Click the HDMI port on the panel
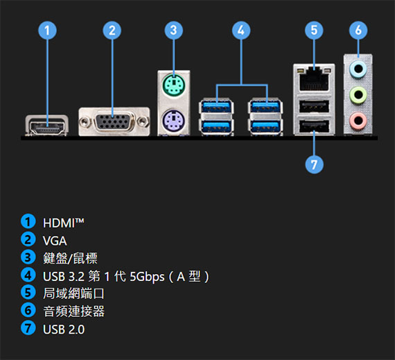tap(46, 126)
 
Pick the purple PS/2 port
tap(173, 120)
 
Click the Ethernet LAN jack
tap(314, 78)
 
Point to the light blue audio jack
tap(358, 69)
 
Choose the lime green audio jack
tap(358, 95)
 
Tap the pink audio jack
tap(358, 121)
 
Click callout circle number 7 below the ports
tap(314, 164)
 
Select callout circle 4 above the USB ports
tap(241, 31)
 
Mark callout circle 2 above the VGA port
tap(112, 31)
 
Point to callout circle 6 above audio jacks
tap(358, 31)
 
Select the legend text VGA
tap(55, 241)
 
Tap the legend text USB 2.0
tap(64, 329)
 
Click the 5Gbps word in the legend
tap(147, 277)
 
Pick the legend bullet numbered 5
tap(28, 293)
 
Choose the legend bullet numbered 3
tap(28, 257)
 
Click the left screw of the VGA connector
tap(85, 122)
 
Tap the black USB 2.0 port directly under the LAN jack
tap(314, 107)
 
